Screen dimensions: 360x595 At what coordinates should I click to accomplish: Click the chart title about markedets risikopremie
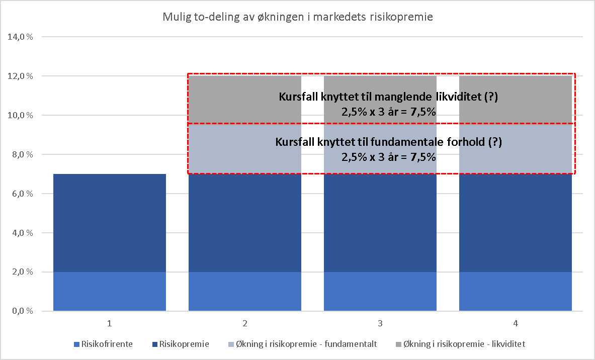tap(297, 17)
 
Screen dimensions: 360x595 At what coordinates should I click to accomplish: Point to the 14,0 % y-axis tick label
tap(20, 37)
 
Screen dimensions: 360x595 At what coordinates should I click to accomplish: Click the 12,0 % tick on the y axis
tap(20, 76)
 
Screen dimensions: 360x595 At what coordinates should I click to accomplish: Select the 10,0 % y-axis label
tap(20, 116)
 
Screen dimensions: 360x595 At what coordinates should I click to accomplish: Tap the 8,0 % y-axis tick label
tap(21, 155)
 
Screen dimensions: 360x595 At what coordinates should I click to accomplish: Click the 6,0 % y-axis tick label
tap(21, 194)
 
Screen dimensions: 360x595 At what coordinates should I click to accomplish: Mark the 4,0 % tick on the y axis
tap(21, 233)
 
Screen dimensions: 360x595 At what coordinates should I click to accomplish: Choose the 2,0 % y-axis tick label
tap(21, 273)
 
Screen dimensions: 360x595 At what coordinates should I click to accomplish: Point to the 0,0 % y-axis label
tap(21, 312)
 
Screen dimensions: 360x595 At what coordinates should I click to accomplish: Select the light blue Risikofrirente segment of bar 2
tap(245, 292)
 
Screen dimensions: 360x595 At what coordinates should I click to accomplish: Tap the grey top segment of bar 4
tap(516, 100)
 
